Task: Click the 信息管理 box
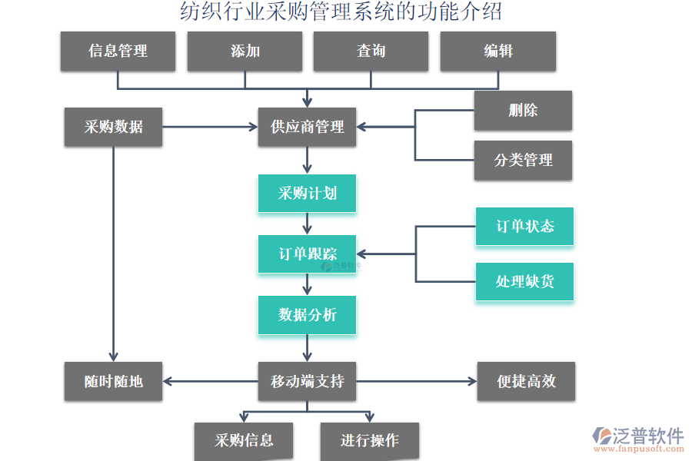click(x=118, y=51)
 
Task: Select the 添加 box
click(x=245, y=51)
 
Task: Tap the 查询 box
click(x=371, y=51)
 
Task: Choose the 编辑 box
click(x=497, y=51)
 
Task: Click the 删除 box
click(x=523, y=111)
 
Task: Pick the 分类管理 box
click(x=523, y=161)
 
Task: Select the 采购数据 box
click(x=113, y=127)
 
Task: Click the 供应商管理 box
click(x=307, y=127)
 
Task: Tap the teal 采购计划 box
click(x=307, y=193)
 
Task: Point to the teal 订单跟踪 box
click(x=307, y=254)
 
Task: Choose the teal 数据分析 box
click(x=307, y=315)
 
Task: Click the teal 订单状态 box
click(x=524, y=227)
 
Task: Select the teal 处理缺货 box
click(x=524, y=281)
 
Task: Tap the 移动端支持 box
click(x=307, y=381)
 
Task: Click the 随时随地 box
click(x=113, y=381)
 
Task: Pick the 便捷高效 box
click(x=526, y=381)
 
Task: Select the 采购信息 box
click(x=244, y=441)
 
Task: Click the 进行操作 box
click(x=370, y=441)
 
